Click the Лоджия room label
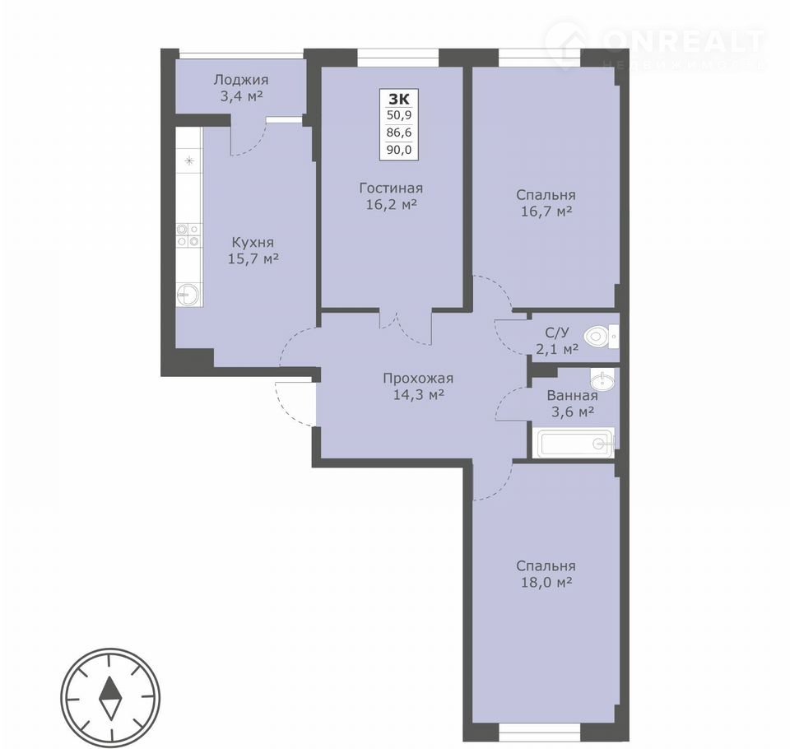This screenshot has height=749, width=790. (241, 87)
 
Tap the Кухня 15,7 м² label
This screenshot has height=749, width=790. (253, 250)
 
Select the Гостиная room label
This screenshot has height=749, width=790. (391, 196)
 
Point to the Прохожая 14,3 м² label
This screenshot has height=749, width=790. (418, 386)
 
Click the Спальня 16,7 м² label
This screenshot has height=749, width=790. (546, 203)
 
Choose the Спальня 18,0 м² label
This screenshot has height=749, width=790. (546, 575)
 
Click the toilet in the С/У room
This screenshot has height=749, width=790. (601, 336)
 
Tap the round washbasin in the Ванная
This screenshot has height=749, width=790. (602, 380)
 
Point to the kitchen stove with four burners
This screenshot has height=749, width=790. (189, 235)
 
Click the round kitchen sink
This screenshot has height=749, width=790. (188, 295)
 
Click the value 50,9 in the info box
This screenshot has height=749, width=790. (399, 115)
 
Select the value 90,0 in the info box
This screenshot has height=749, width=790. (399, 149)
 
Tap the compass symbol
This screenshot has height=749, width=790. (109, 699)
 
